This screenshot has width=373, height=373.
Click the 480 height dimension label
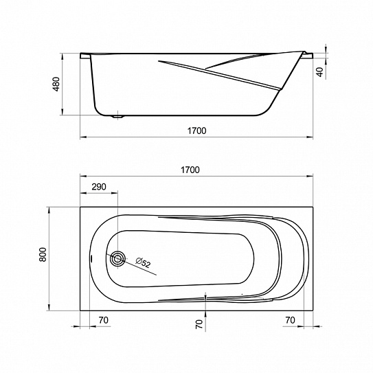[x=56, y=84]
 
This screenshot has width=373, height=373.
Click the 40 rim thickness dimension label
[x=320, y=72]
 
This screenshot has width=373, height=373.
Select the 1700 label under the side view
[x=196, y=131]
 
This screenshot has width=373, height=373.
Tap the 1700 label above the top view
[x=190, y=170]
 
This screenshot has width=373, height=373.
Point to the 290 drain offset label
[x=99, y=187]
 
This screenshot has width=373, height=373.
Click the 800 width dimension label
[x=43, y=254]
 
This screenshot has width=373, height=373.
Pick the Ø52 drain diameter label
[x=143, y=262]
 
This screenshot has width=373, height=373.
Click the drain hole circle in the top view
[x=117, y=258]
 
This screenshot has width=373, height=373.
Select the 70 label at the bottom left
[x=104, y=320]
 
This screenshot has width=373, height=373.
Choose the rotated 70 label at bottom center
[x=199, y=324]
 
